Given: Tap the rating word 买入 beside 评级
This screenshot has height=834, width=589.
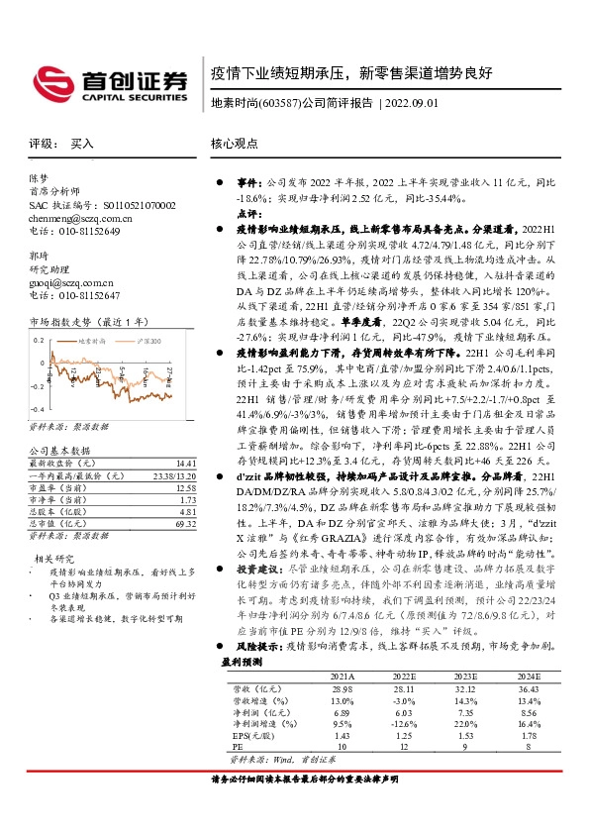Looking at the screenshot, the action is click(x=82, y=144).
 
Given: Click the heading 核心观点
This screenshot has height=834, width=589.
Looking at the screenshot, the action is click(x=235, y=144).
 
